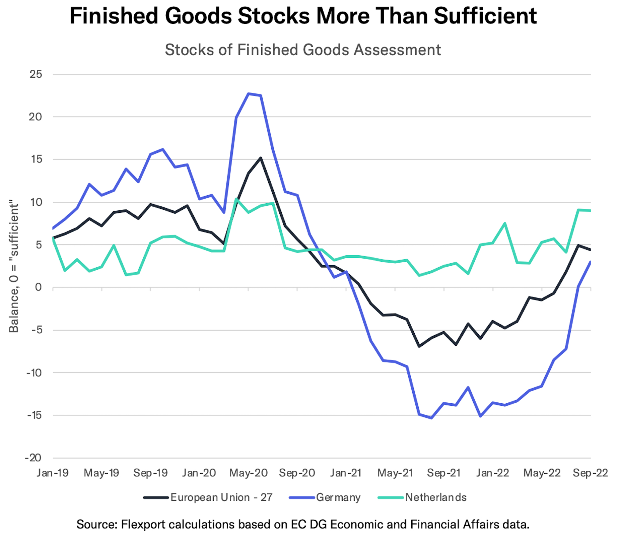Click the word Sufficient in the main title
click(x=485, y=16)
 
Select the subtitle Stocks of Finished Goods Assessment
click(x=303, y=50)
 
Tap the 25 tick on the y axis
click(x=36, y=74)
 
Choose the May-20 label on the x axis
click(x=248, y=473)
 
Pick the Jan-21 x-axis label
click(x=346, y=473)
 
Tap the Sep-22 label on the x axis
click(x=590, y=473)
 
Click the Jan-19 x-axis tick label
click(x=53, y=473)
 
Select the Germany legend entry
click(x=338, y=497)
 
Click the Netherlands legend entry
click(x=435, y=497)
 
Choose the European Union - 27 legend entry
click(x=221, y=497)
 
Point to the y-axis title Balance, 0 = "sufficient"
click(x=14, y=266)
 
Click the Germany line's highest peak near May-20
click(x=249, y=93)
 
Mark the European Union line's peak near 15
click(x=261, y=158)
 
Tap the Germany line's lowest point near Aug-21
click(x=431, y=418)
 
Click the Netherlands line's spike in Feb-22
click(x=504, y=223)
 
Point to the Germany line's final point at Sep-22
click(x=590, y=262)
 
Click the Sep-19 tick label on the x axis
click(x=150, y=473)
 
